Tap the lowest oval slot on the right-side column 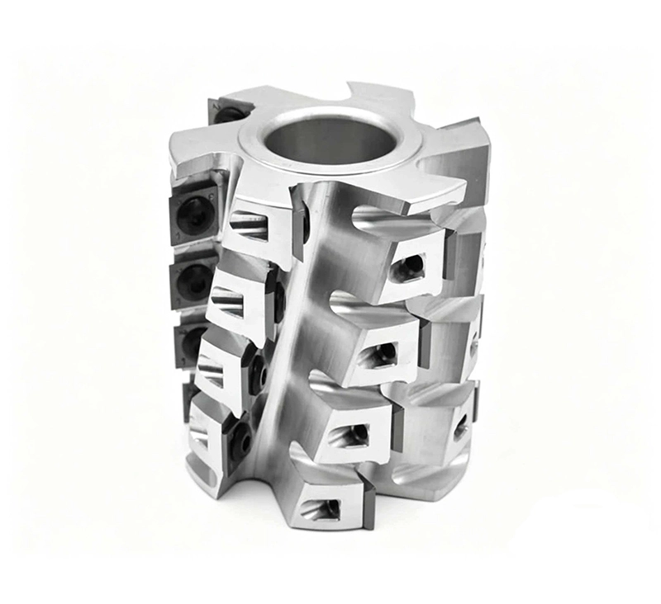coord(460,427)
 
